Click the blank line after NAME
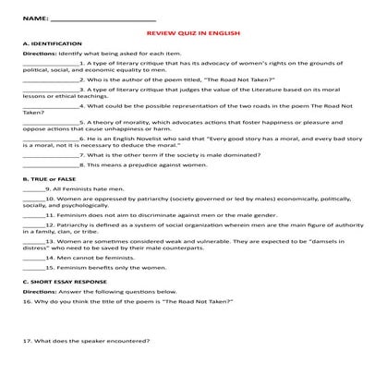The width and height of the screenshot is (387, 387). coord(103,19)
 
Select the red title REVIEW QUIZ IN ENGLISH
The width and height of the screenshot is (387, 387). coord(193,32)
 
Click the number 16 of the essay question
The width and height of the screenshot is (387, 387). coord(26,302)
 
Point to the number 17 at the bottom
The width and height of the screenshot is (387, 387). coord(26,368)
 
